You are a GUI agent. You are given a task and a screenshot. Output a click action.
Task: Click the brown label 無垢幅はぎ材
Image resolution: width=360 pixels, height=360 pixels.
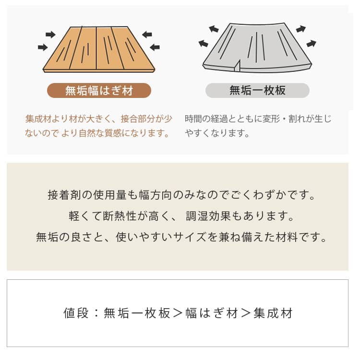click(x=99, y=90)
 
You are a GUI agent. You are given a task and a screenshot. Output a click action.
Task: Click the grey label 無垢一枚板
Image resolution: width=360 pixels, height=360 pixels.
click(x=257, y=90)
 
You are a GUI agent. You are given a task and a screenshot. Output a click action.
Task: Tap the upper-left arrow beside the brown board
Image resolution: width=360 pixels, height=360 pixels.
click(x=50, y=35)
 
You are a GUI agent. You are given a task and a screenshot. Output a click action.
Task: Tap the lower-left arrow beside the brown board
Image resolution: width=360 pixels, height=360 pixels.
click(x=43, y=48)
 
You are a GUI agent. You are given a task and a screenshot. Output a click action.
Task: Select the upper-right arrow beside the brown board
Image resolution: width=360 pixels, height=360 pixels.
click(x=147, y=35)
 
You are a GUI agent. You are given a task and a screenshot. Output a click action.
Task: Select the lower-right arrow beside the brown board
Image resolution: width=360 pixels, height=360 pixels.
click(x=155, y=48)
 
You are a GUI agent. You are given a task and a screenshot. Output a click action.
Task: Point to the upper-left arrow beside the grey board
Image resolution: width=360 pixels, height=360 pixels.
click(x=214, y=29)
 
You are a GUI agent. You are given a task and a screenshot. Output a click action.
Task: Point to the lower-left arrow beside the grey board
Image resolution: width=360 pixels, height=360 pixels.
click(x=203, y=43)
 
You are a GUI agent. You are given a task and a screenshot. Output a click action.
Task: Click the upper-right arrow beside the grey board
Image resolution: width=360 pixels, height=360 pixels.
click(x=301, y=29)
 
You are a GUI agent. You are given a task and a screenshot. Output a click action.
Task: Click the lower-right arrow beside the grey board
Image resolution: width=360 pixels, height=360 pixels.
click(x=312, y=43)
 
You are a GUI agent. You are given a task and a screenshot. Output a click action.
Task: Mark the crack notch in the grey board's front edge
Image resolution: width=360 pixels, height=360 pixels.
click(x=238, y=66)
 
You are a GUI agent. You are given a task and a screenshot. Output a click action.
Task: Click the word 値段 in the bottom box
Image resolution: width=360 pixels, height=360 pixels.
click(x=76, y=313)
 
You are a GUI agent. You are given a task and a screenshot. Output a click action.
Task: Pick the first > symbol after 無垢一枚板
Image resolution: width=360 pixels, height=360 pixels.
click(x=178, y=313)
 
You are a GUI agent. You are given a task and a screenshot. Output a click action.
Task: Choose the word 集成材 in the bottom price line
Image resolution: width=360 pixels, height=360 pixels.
click(x=273, y=313)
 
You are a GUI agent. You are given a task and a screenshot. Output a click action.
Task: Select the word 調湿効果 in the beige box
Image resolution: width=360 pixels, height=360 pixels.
click(x=208, y=216)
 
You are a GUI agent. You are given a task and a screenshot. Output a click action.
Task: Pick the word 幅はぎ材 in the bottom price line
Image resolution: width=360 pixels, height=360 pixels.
click(x=212, y=313)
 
